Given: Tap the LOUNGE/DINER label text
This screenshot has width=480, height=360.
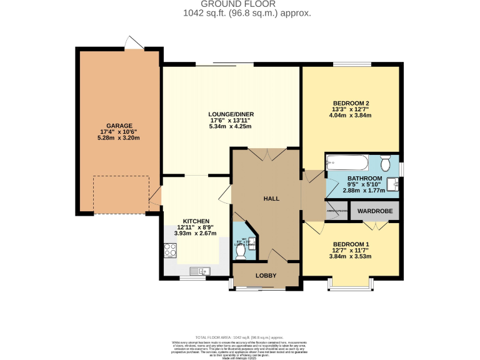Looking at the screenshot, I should [x=231, y=114].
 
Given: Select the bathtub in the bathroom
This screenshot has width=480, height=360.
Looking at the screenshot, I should [x=347, y=163].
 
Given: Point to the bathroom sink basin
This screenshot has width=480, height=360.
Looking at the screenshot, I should [x=393, y=184].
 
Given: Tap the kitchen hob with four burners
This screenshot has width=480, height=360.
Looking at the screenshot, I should [x=171, y=249].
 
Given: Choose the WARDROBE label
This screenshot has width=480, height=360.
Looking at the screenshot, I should [x=375, y=211].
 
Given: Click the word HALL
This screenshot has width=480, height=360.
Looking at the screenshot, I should [x=271, y=198].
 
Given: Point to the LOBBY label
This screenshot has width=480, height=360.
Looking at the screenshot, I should [x=266, y=275].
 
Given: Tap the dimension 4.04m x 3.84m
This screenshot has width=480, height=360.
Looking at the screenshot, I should [x=351, y=116].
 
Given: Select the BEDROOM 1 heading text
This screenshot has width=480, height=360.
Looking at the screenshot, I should [x=351, y=244].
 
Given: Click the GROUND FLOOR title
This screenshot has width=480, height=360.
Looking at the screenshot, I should [x=247, y=4].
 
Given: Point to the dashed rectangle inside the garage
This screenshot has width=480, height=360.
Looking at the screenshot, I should [x=121, y=194].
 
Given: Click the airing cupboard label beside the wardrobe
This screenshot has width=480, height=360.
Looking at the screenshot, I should [x=337, y=211].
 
